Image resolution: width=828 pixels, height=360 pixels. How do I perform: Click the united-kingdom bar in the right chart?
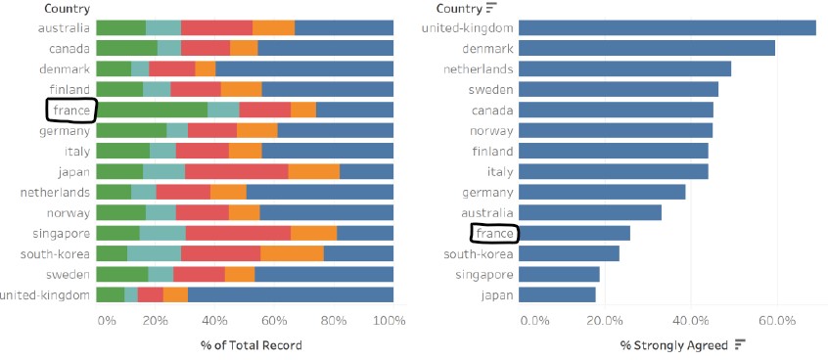[666, 27]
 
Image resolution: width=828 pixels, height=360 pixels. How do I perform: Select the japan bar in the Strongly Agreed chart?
[556, 294]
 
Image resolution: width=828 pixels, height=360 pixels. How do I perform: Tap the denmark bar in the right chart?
[646, 48]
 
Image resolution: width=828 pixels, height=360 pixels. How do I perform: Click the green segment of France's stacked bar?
[152, 110]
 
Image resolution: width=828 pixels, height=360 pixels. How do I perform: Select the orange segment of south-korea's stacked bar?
[292, 253]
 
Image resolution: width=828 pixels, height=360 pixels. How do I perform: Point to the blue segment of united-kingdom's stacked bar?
[291, 294]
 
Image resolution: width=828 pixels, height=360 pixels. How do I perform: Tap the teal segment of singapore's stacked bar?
[162, 233]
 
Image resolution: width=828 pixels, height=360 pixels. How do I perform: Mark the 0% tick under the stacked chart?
[108, 320]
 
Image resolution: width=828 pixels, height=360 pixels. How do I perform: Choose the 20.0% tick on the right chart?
[604, 320]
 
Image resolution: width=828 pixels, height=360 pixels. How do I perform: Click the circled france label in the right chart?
[494, 234]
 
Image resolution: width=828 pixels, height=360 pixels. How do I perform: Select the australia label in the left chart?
[64, 27]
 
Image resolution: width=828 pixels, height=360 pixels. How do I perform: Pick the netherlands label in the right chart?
[480, 68]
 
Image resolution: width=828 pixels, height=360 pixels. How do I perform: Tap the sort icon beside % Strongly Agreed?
[740, 344]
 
